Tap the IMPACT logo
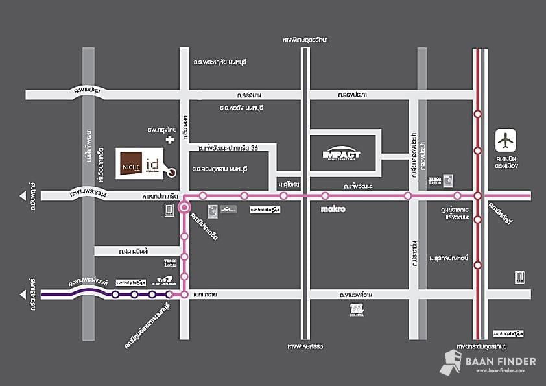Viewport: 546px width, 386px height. (x=341, y=154)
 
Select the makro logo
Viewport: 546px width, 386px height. (x=333, y=210)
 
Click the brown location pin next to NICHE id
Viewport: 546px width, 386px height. (x=171, y=172)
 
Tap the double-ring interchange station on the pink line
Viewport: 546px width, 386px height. (x=185, y=208)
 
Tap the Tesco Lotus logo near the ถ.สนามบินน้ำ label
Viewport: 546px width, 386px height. (x=170, y=263)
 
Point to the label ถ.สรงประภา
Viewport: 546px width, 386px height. (x=352, y=95)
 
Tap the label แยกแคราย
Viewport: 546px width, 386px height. (x=202, y=295)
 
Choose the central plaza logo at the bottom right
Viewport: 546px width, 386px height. (x=507, y=333)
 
